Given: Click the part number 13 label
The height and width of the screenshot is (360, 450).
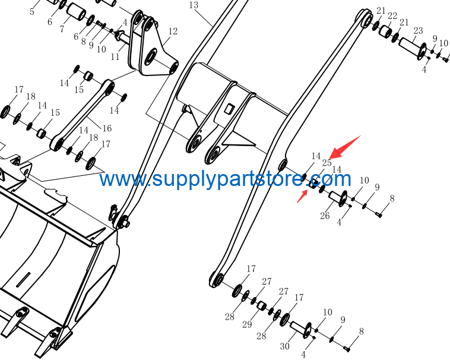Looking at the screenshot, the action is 194,5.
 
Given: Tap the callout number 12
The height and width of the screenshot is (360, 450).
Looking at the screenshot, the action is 173,31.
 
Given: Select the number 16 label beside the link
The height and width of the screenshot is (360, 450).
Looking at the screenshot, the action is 107,128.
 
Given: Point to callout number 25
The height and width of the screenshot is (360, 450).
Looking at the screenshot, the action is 327,163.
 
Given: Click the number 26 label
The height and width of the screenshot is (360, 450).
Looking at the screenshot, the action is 325,216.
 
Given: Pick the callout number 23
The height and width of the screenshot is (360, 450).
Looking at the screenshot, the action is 418,30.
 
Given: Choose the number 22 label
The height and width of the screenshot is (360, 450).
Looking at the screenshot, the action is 392,16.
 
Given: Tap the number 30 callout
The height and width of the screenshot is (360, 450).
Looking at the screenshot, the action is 285,346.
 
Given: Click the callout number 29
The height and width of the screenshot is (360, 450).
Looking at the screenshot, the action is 247,324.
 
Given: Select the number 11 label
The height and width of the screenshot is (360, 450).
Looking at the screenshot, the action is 115,56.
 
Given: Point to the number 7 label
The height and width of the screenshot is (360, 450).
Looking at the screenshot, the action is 62,29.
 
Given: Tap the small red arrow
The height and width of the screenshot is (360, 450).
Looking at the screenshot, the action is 302,196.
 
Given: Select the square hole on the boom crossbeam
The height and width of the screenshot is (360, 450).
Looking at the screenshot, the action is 229,109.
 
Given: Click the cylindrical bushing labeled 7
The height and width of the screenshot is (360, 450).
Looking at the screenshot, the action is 76,12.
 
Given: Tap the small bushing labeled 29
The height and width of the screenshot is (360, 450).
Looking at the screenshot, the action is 261,305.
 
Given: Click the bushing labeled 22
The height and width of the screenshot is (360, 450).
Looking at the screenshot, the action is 386,31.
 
